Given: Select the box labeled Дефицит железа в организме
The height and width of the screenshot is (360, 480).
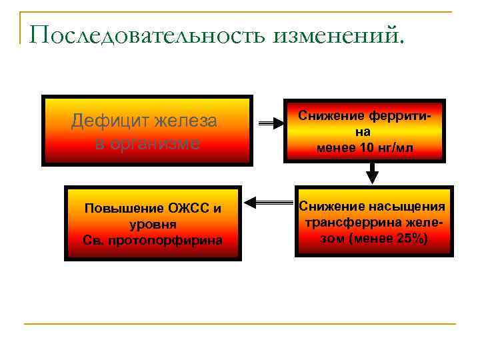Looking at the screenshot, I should tap(147, 131).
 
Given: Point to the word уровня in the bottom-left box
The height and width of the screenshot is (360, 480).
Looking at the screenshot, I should tap(153, 224).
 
